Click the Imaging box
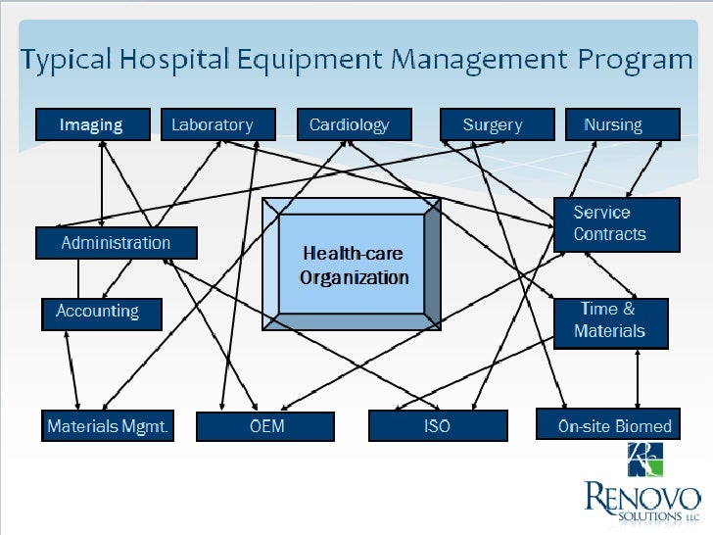93,124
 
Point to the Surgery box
493,124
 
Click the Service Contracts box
616,223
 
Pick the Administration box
116,243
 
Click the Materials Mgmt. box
108,426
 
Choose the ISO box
437,426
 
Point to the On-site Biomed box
608,425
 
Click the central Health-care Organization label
354,265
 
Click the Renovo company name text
643,497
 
